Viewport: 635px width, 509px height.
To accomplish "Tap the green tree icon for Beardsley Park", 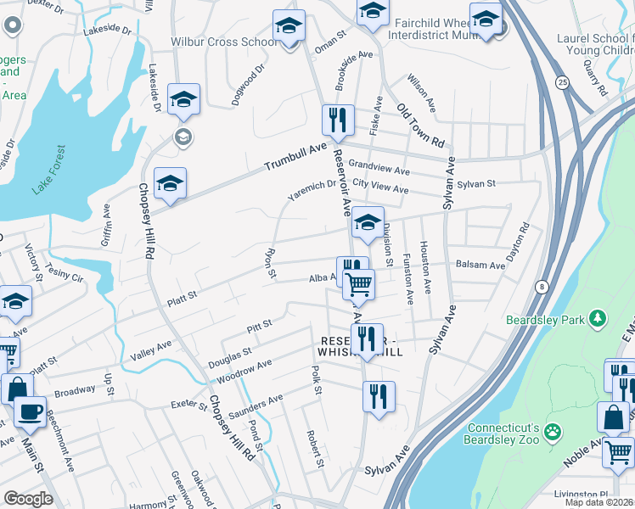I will (x=599, y=317).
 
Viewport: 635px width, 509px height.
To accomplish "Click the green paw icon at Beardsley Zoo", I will (x=554, y=431).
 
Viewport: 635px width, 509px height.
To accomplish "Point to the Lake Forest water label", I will (x=48, y=171).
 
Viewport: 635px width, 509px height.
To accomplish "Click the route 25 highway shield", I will (x=562, y=82).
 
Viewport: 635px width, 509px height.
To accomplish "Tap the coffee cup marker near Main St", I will (x=31, y=412).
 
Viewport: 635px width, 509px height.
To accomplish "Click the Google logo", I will (x=28, y=499).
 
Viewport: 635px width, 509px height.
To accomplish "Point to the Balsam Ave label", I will (x=480, y=265).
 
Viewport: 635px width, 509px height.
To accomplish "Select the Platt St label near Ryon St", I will (x=181, y=296).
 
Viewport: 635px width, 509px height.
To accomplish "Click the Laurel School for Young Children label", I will (x=594, y=43).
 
